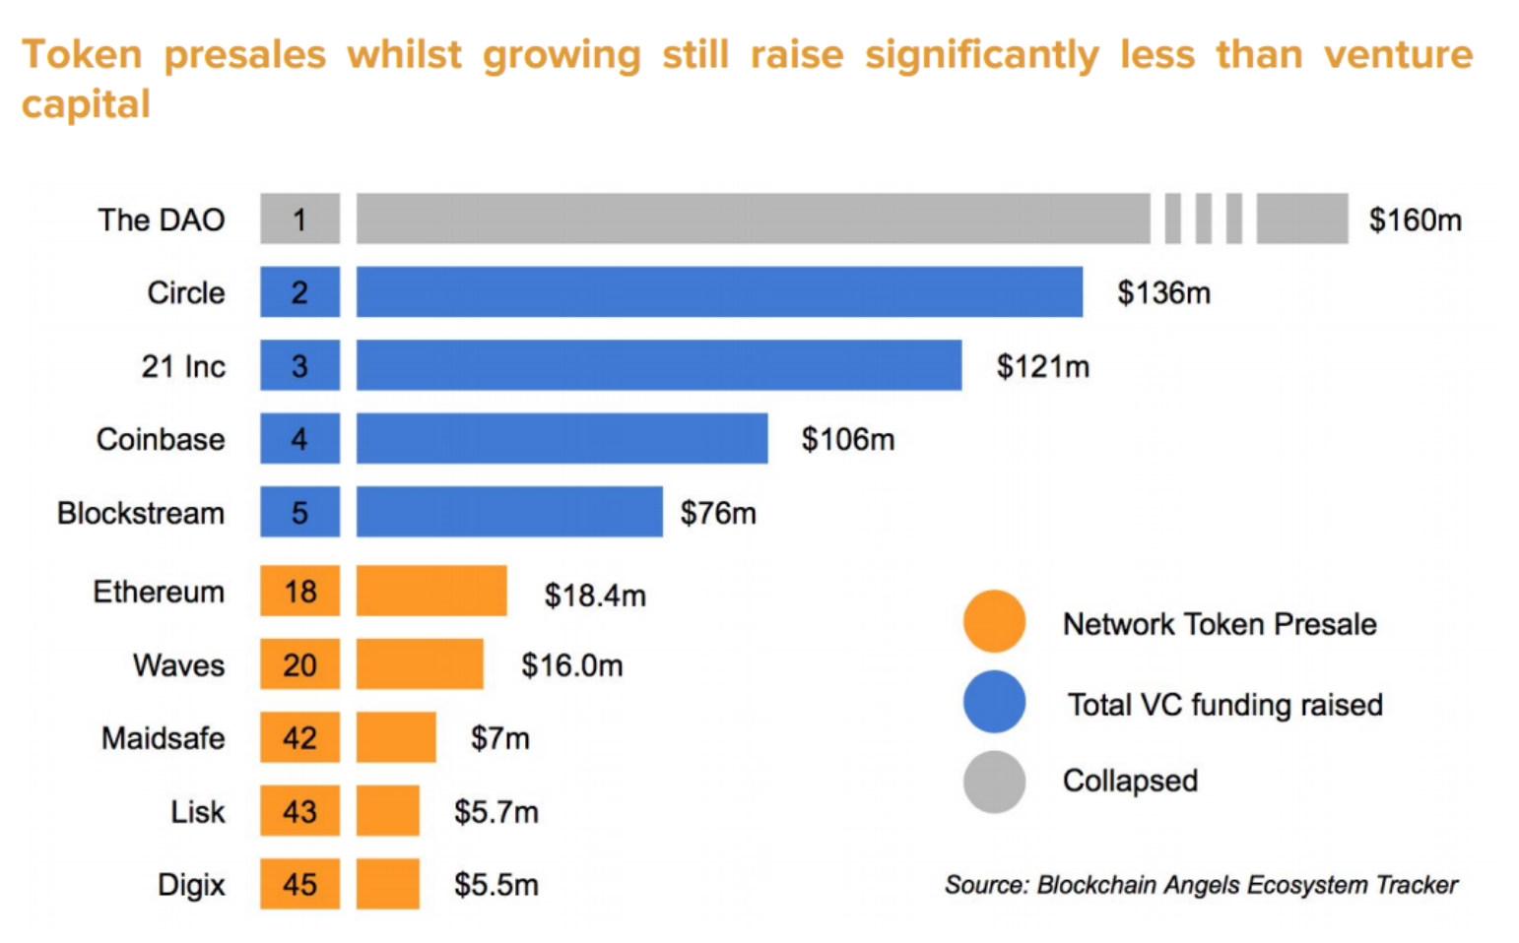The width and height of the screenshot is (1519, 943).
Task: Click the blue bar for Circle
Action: point(719,291)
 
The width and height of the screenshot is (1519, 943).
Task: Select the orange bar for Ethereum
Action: point(431,591)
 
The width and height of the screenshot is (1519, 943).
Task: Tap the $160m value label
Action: point(1415,220)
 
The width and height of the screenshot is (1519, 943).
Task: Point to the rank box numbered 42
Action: point(299,737)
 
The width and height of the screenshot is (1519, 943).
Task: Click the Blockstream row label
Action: point(141,513)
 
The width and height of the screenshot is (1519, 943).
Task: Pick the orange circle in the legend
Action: point(994,622)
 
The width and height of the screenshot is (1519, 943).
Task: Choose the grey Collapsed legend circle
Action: point(994,782)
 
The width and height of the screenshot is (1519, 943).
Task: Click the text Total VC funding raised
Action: point(1224,705)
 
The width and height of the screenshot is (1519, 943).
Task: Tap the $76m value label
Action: point(718,513)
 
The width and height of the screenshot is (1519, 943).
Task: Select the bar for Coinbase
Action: point(561,438)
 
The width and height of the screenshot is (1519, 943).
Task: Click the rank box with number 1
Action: point(299,219)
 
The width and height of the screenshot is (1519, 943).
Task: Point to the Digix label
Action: point(191,885)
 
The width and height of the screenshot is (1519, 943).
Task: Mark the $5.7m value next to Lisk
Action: point(495,812)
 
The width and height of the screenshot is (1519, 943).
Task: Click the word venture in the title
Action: point(1397,55)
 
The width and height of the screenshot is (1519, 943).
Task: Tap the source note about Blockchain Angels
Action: point(1201,885)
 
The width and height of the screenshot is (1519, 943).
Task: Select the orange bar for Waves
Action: point(420,664)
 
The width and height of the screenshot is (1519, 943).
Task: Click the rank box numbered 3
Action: point(299,365)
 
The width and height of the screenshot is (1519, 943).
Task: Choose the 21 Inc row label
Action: point(183,366)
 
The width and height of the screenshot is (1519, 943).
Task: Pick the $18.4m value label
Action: point(595,596)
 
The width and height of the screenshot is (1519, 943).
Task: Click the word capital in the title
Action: point(86,104)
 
